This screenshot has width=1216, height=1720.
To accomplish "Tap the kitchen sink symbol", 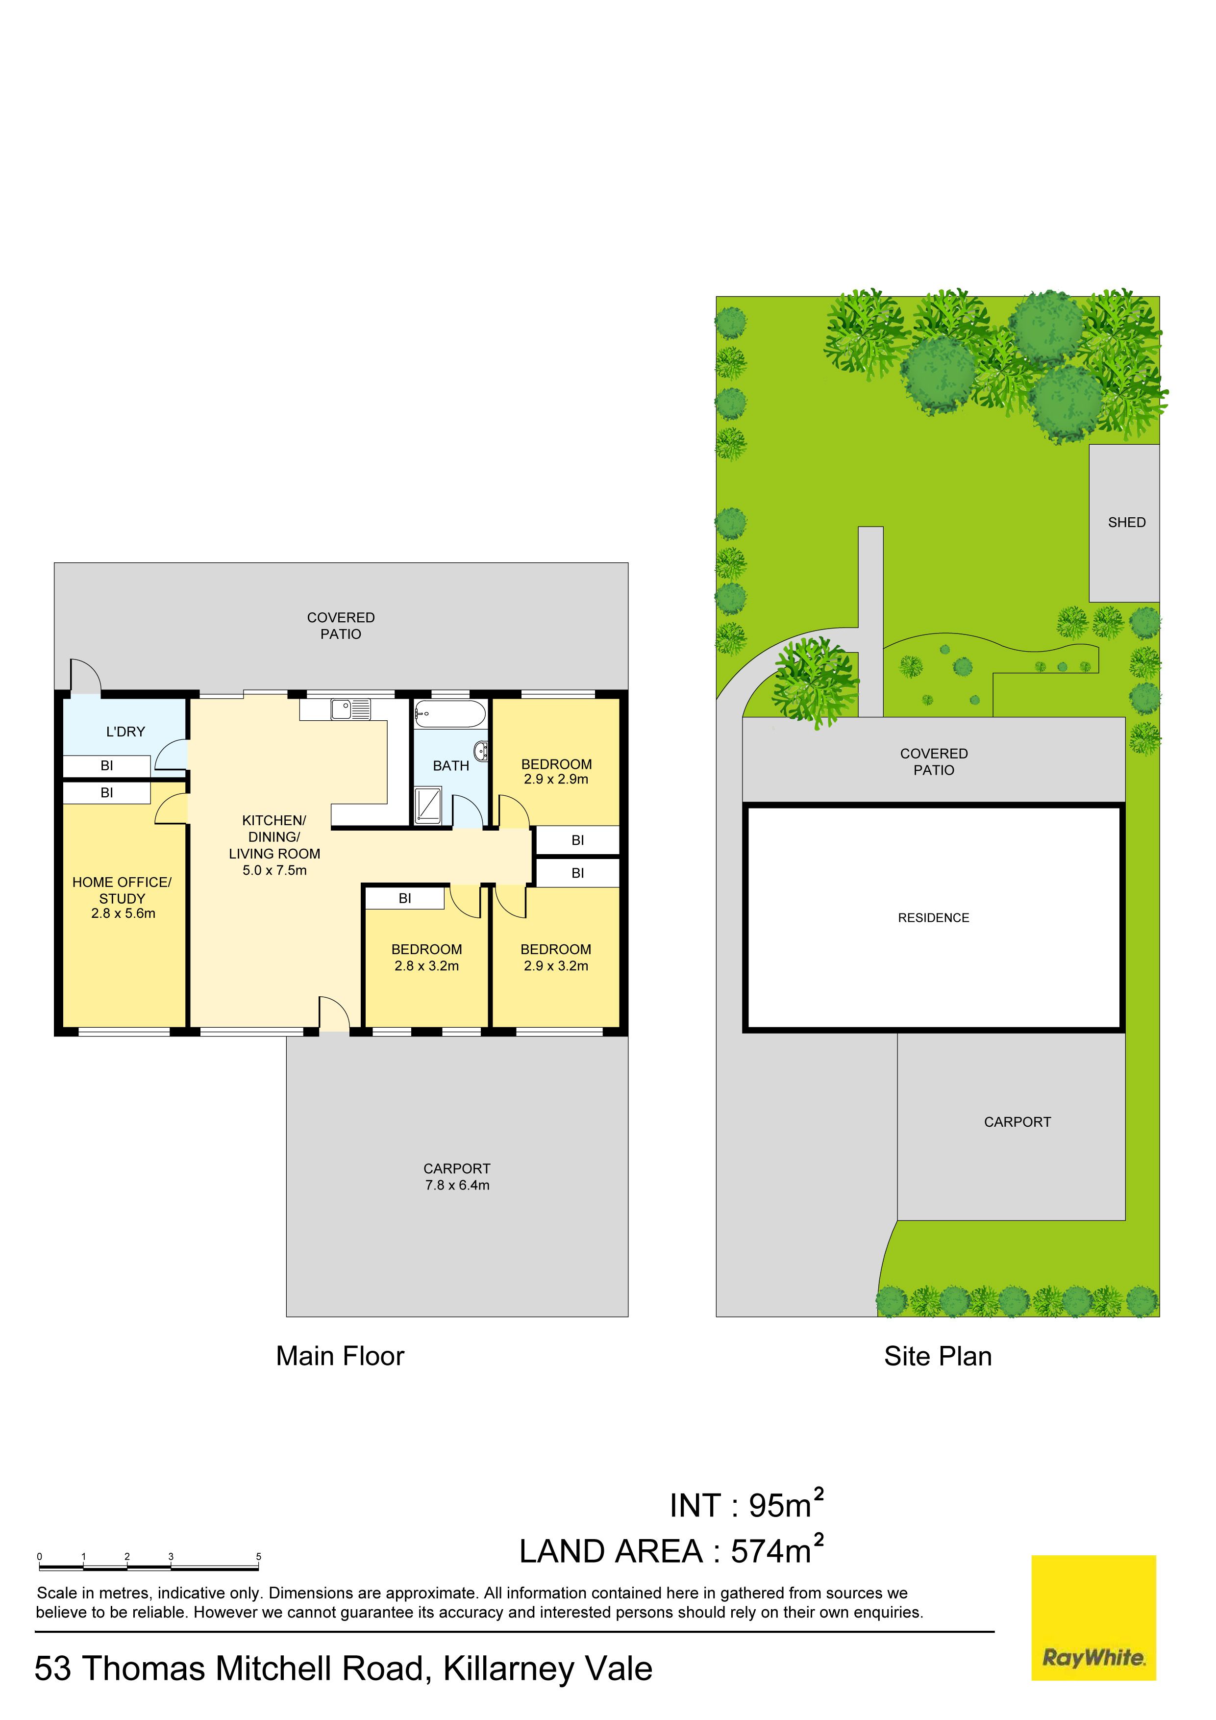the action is pos(351,708).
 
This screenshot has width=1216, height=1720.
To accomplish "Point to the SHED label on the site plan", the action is pos(1126,522).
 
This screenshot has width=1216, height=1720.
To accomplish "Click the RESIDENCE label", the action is pos(933,918).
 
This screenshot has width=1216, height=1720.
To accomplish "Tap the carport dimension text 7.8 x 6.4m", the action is pos(457,1185).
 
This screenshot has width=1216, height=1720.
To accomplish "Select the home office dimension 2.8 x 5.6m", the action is pos(123,913).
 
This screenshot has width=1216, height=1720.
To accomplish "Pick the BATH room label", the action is pos(451,765).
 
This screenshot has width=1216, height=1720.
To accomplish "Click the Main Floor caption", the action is pos(340,1356).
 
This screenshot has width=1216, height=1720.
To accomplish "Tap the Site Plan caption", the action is pos(938,1356).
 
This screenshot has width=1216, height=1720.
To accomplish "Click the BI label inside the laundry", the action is pos(106,765).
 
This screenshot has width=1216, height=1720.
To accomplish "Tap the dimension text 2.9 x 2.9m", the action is pos(556,779).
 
